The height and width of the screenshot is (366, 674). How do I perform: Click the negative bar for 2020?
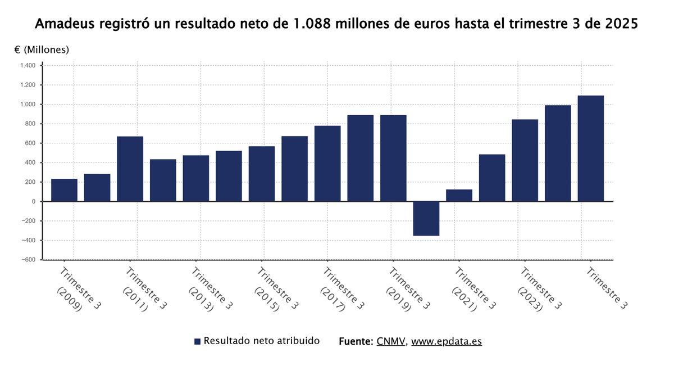426,218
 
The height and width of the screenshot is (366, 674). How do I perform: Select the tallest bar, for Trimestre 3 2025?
590,148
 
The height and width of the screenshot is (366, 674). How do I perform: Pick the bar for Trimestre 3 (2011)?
130,169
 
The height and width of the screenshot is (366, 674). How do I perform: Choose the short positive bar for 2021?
459,195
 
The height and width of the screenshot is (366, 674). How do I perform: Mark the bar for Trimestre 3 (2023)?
525,160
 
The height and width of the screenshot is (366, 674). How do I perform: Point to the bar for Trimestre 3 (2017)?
327,164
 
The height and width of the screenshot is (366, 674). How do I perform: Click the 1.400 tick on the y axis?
28,66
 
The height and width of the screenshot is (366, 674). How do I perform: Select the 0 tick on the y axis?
34,201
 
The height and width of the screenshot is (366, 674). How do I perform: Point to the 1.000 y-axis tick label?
28,105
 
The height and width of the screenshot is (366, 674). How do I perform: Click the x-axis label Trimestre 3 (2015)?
276,290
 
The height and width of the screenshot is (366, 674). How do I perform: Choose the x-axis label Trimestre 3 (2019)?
407,290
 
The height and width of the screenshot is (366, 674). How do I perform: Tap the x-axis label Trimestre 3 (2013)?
210,290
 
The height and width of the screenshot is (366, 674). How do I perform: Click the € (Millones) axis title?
42,49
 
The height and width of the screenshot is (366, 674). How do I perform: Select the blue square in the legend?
197,341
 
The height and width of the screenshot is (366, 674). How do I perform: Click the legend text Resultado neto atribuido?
261,341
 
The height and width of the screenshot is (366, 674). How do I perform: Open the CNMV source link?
391,341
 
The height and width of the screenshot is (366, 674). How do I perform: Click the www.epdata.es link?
447,341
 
